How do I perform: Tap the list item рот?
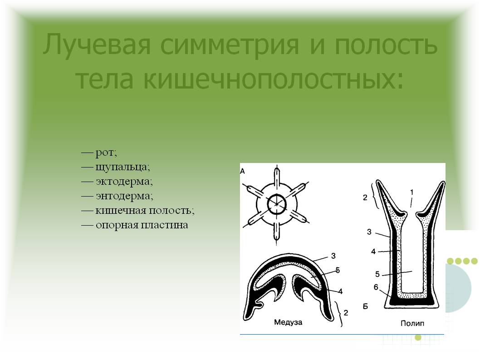point(106,153)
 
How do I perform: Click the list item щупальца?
point(122,167)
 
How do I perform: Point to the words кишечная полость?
point(144,210)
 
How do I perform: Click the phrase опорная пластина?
point(141,225)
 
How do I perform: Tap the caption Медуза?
point(288,323)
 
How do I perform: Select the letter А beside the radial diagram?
point(243,171)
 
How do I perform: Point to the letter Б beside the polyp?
point(366,306)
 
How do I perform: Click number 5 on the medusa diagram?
point(337,270)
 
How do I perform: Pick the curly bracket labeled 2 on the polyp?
point(373,195)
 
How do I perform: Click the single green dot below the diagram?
point(418,337)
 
